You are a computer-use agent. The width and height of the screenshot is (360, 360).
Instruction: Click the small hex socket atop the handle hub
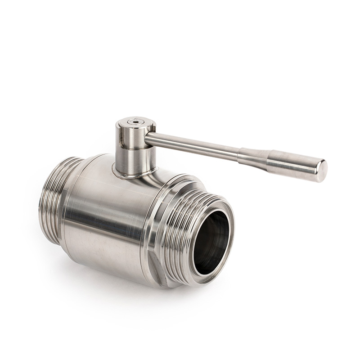tap(134, 121)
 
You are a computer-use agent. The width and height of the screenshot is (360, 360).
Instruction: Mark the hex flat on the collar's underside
tap(155, 270)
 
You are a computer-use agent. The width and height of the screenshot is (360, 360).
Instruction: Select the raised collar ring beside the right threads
tap(155, 225)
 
